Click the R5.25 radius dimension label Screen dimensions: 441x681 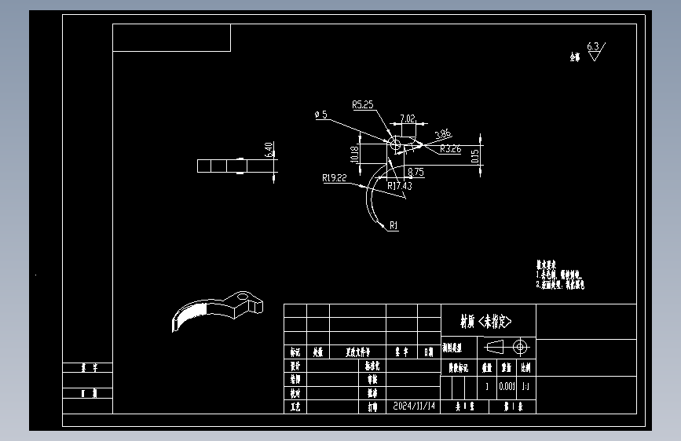point(362,104)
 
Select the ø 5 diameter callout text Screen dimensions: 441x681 point(320,115)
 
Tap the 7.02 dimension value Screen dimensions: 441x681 point(408,118)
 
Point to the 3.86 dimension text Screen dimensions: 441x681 point(443,133)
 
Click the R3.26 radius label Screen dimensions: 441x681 point(450,148)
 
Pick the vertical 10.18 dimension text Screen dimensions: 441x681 point(354,155)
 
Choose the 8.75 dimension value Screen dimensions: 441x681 point(416,170)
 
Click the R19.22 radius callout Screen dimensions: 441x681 point(334,178)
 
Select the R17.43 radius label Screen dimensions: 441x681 point(400,186)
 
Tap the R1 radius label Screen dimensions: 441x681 point(394,226)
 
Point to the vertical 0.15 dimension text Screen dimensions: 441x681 point(475,157)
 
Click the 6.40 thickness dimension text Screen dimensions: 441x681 point(269,149)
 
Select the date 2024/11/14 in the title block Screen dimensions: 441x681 point(413,407)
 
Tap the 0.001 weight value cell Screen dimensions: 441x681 point(506,387)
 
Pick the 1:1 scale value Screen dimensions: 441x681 point(525,387)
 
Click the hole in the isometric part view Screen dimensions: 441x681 point(244,297)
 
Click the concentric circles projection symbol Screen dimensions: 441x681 point(520,346)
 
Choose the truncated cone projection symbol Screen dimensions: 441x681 point(498,346)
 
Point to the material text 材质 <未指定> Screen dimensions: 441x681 point(486,322)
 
